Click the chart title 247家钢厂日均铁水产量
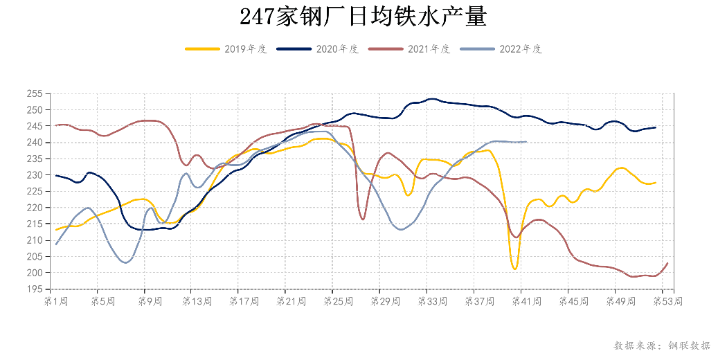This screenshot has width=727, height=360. (363, 15)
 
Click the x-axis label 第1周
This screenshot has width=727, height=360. (55, 302)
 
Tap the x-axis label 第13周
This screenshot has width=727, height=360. (197, 302)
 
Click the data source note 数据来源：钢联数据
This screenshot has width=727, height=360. (661, 345)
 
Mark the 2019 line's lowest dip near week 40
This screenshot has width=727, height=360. (515, 269)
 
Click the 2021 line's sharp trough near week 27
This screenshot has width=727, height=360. (363, 219)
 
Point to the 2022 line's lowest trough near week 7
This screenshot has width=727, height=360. (126, 262)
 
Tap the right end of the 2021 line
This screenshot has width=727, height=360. (667, 263)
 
